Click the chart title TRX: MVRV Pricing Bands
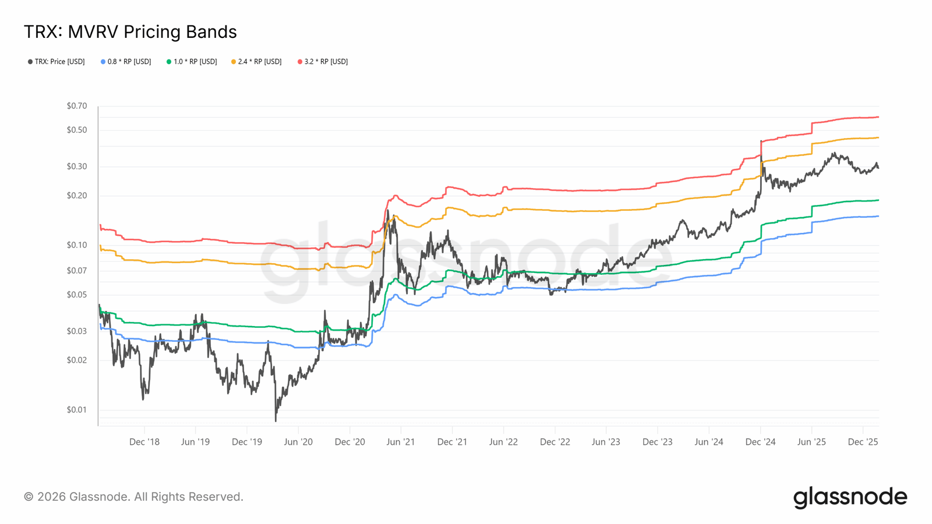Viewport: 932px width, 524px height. [130, 32]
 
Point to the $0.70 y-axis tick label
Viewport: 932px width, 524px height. [77, 106]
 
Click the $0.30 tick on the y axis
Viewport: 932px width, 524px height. [77, 167]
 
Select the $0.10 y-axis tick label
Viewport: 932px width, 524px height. [77, 245]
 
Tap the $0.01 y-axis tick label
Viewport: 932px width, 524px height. [77, 410]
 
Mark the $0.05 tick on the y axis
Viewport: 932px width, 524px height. [77, 295]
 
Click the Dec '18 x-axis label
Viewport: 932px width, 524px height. [144, 442]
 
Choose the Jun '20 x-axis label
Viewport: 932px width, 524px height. [298, 442]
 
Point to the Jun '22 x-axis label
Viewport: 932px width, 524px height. [503, 442]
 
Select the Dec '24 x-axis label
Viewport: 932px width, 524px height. [760, 442]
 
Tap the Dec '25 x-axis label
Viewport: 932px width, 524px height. [863, 442]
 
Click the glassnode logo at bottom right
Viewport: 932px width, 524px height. [850, 498]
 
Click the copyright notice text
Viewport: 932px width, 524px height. [133, 497]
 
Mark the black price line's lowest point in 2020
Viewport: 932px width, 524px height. [276, 420]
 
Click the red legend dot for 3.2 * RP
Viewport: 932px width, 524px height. [300, 62]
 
